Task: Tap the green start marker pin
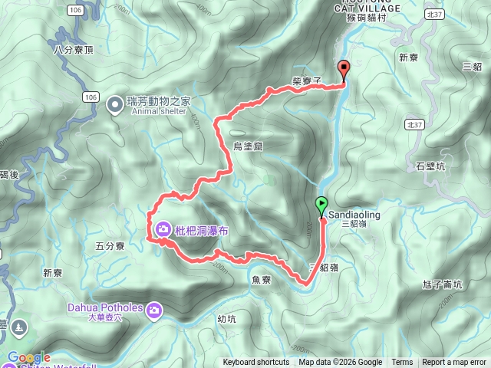pos(321,205)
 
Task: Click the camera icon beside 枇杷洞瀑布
pos(164,228)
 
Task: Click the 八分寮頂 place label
pos(73,50)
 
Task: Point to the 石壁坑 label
pos(430,166)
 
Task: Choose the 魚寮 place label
pos(261,281)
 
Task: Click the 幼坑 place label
pos(226,319)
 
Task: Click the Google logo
pos(29,357)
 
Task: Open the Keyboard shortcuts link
pos(256,363)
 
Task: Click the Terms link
pos(402,363)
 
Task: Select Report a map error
pos(454,363)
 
